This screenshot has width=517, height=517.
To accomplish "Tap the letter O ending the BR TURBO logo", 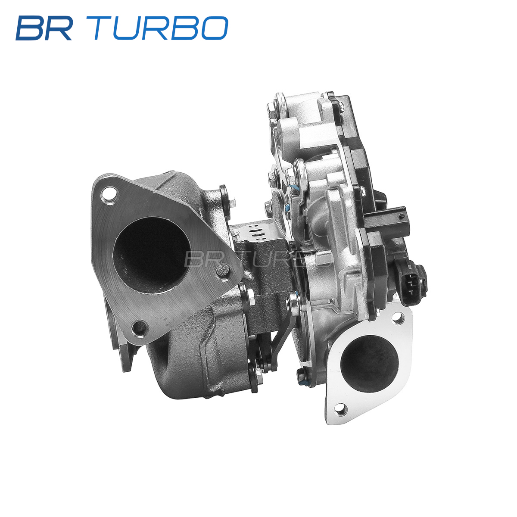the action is [214, 28].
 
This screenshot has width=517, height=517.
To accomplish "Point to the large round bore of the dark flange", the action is [152, 255].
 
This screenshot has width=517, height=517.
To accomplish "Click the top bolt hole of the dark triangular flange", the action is [109, 196].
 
